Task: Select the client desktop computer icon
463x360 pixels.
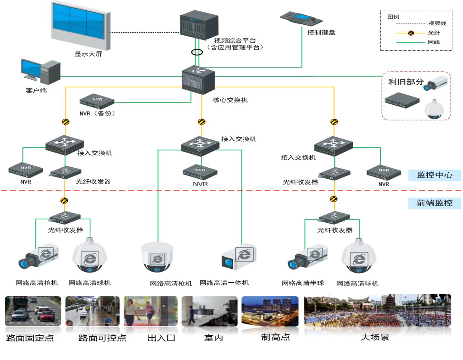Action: coord(41,70)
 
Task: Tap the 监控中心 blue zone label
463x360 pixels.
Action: coord(435,175)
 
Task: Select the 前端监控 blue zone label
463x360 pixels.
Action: coord(435,203)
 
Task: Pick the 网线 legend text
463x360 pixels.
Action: coord(434,42)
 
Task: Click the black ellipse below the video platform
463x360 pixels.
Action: coord(197,53)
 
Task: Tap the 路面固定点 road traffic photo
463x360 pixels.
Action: coord(33,311)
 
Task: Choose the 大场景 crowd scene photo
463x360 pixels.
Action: coord(377,311)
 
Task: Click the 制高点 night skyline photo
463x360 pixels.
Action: coord(270,311)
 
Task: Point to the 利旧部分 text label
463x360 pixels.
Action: coord(405,82)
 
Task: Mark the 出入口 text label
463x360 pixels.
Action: coord(161,338)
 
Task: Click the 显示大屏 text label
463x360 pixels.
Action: coord(88,54)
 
